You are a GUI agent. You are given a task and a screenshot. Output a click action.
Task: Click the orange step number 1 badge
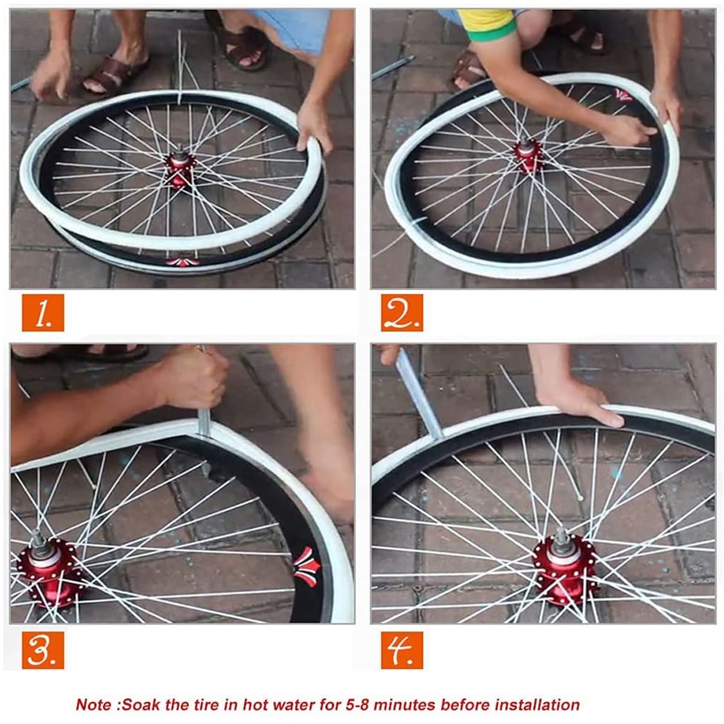tap(42, 313)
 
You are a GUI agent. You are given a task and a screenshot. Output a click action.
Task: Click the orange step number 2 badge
tap(402, 313)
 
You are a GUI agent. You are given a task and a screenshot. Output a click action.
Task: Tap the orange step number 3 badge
tap(42, 650)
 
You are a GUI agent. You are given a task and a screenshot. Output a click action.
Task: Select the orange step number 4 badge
tap(402, 650)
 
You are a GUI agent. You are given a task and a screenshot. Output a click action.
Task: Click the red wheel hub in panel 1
tap(180, 169)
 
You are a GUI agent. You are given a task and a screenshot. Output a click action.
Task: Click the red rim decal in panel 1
tap(179, 261)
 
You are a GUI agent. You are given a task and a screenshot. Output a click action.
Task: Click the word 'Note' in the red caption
tap(94, 705)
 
